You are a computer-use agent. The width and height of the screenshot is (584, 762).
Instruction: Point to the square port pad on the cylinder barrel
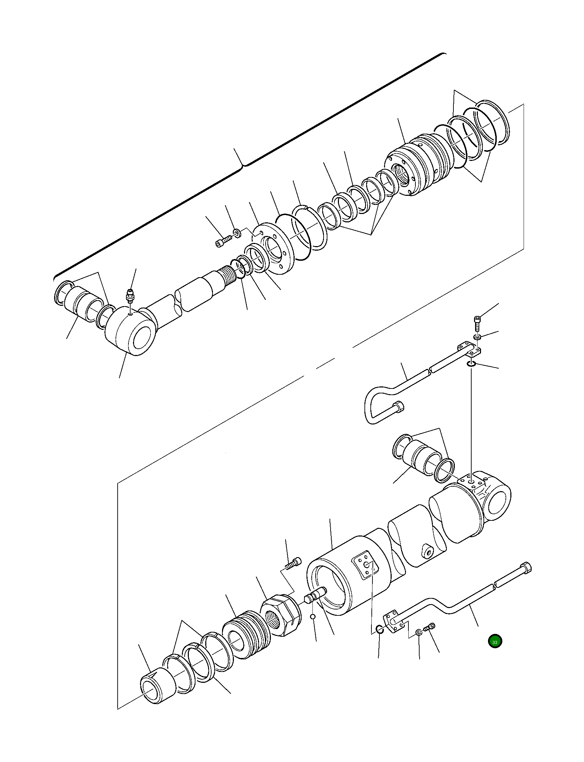tap(365, 565)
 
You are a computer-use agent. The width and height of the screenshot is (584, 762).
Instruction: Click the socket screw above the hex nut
tap(293, 563)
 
